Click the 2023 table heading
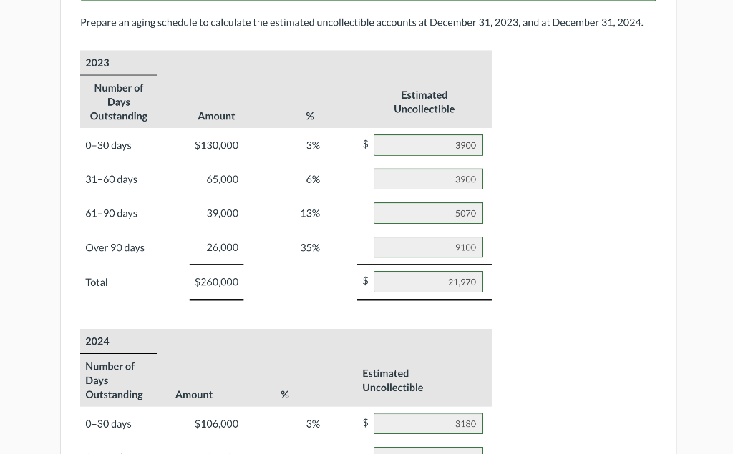point(97,63)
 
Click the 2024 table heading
point(97,342)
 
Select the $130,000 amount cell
point(216,145)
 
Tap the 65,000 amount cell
point(222,179)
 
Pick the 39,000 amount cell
point(222,214)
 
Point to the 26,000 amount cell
point(222,247)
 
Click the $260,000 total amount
point(216,282)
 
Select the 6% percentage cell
point(313,179)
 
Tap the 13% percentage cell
point(310,214)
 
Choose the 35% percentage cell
point(310,247)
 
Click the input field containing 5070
point(428,213)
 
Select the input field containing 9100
point(428,247)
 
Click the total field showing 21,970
point(428,282)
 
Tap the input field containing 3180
point(428,423)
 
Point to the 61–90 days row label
point(111,214)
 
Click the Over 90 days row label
point(115,247)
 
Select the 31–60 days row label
point(111,179)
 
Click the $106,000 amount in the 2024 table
point(216,424)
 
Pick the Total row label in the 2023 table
point(96,282)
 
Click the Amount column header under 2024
point(193,395)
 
